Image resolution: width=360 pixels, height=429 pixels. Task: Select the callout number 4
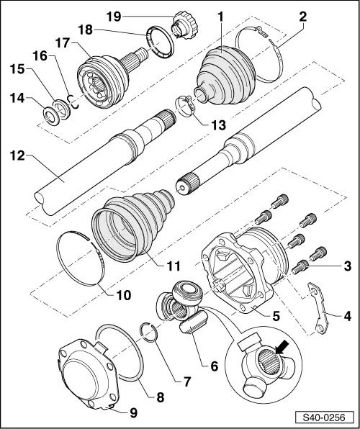pos(348,315)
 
